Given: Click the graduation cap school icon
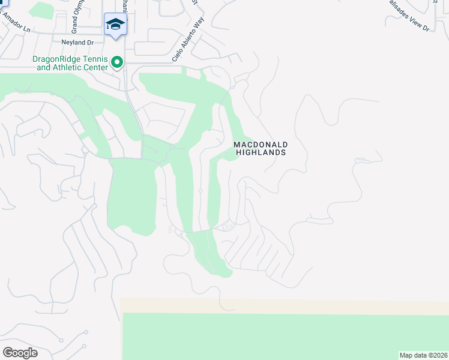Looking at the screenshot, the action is pyautogui.click(x=115, y=25).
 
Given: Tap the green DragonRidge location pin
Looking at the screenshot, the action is pyautogui.click(x=118, y=61).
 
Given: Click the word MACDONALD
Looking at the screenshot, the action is pyautogui.click(x=261, y=145).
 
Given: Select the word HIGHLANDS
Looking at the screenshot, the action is pyautogui.click(x=261, y=152).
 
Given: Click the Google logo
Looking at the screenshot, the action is pyautogui.click(x=20, y=353).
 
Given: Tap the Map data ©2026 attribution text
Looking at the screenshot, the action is pyautogui.click(x=423, y=355).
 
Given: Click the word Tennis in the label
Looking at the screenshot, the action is pyautogui.click(x=94, y=59).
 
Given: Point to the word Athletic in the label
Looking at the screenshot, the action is pyautogui.click(x=65, y=67).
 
